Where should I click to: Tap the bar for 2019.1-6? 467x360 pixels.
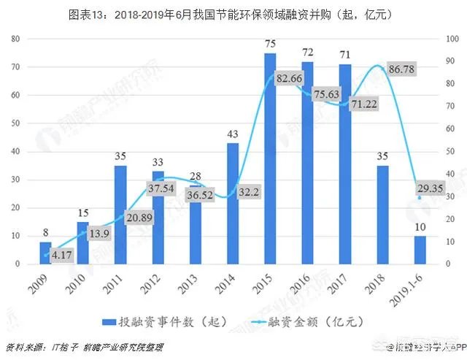420,249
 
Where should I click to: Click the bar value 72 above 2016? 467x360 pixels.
307,53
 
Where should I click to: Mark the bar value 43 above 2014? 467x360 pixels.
233,134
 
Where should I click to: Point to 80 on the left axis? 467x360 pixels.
15,39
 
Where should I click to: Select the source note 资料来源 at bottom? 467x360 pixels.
24,347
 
